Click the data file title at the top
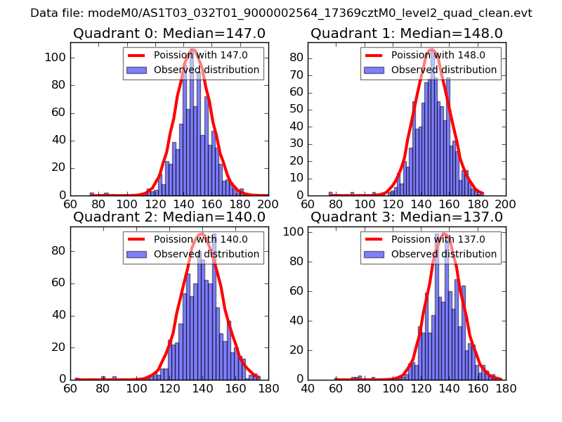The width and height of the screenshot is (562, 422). [x=281, y=13]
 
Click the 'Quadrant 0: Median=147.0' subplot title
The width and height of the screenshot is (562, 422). [x=169, y=34]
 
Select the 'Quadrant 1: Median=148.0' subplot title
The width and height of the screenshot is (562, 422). [x=407, y=34]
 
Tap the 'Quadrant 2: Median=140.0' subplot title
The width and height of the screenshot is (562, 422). [x=169, y=217]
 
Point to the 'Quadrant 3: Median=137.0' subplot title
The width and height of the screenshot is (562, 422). [x=407, y=217]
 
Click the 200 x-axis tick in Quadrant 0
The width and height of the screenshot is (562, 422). [x=268, y=205]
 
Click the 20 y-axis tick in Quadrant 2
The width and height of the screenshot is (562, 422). [x=60, y=347]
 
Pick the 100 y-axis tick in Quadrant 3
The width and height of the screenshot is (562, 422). [x=295, y=232]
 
